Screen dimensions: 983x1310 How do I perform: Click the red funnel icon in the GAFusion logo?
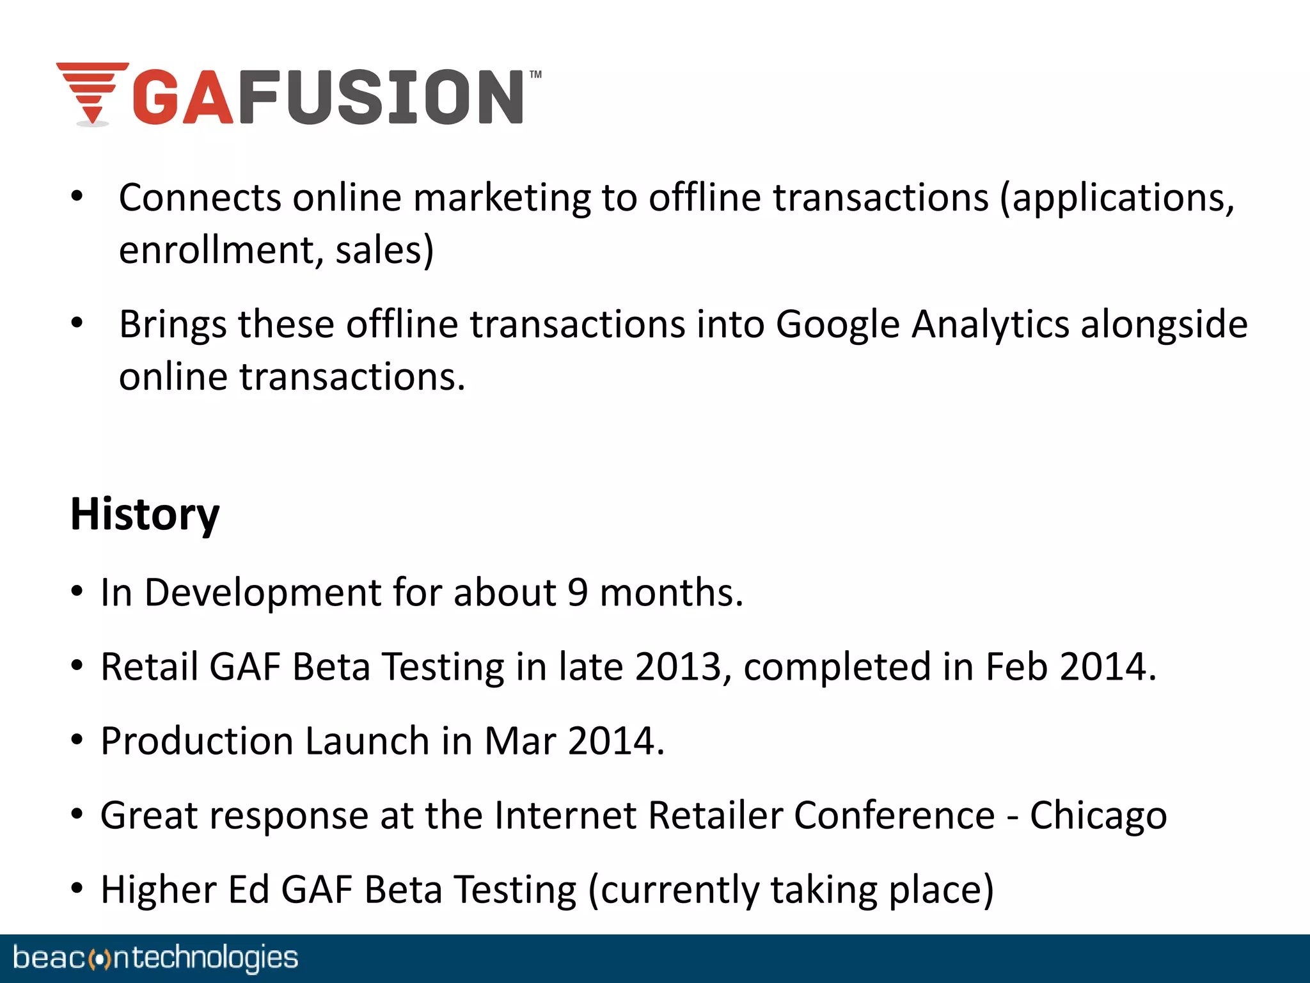[93, 93]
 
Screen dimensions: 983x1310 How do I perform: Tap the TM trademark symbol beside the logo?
[535, 74]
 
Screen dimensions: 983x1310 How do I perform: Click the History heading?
[145, 514]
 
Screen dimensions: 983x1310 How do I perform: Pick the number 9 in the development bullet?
[578, 593]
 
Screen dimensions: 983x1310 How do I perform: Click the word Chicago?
[1098, 816]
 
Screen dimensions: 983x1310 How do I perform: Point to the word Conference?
[894, 815]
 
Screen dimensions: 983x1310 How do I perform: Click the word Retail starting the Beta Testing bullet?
[149, 667]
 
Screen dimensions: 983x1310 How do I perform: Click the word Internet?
[565, 815]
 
